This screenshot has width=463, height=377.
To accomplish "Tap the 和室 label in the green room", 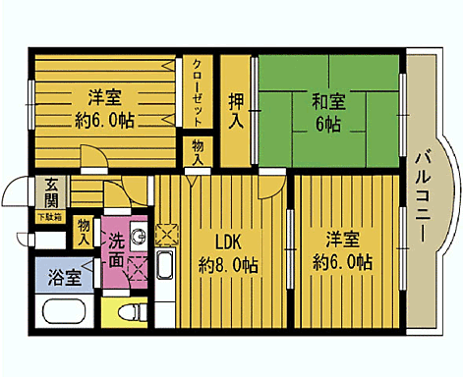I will (x=327, y=100).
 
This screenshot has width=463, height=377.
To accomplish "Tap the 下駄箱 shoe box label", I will (x=48, y=216).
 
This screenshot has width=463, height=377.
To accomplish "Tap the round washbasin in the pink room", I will (x=137, y=236).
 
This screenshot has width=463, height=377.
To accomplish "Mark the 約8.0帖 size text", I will (x=228, y=265).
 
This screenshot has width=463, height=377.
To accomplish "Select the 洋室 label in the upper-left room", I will (x=103, y=98).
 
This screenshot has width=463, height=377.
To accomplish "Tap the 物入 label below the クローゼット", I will (x=198, y=153).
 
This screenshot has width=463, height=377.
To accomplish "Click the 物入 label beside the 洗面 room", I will (x=85, y=233).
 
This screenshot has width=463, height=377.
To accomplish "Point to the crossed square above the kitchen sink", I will (x=165, y=236).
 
